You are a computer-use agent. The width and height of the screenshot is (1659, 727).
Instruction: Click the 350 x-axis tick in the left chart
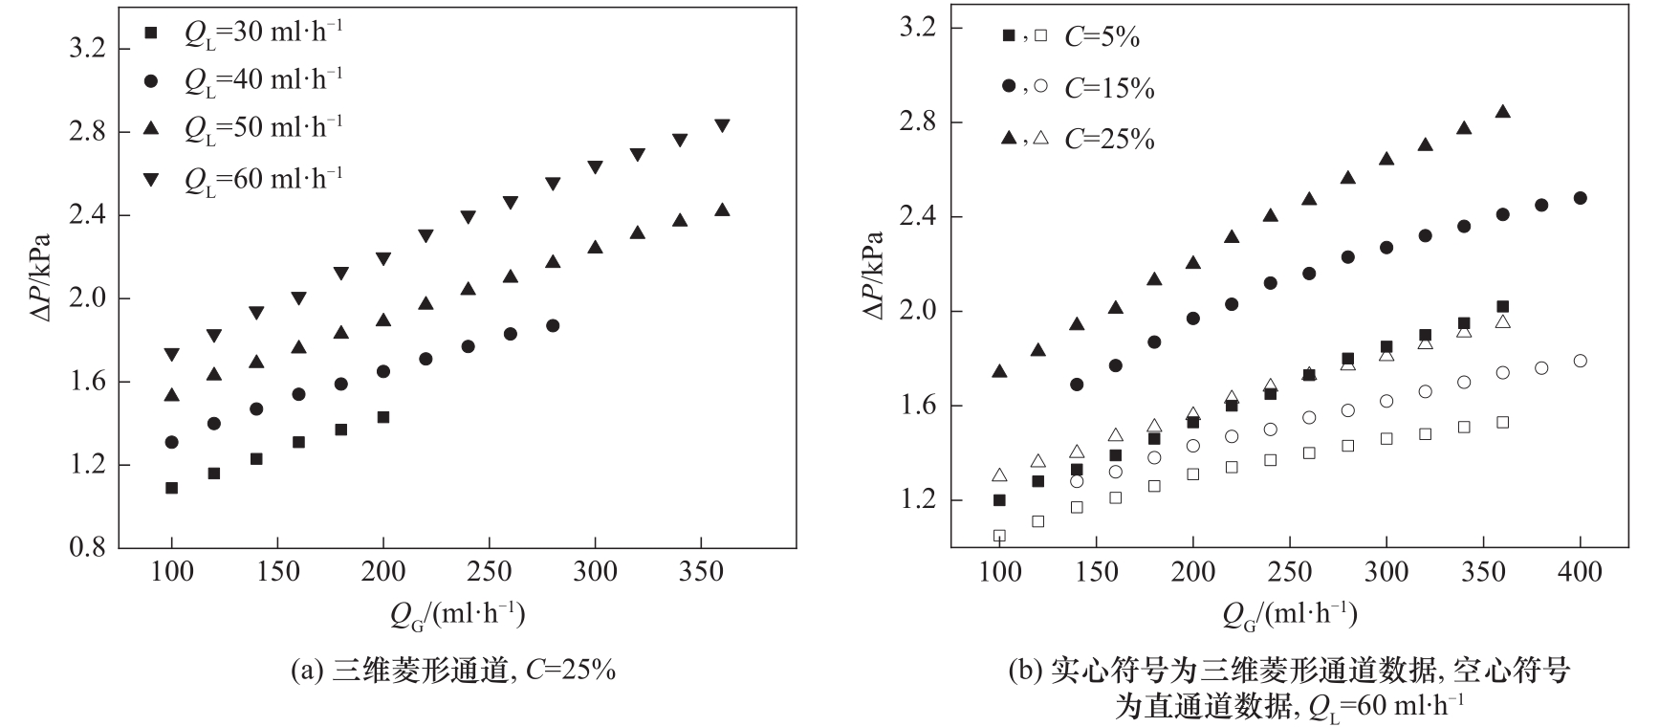701,572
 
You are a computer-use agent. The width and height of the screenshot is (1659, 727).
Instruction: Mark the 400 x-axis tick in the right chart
1580,572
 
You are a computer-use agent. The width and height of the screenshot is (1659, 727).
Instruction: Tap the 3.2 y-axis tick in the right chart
918,28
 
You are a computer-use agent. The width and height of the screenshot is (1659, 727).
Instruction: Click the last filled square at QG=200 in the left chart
383,417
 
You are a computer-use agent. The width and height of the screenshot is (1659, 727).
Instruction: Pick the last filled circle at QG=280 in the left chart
553,325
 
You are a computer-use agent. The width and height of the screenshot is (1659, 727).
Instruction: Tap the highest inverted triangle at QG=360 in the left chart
722,125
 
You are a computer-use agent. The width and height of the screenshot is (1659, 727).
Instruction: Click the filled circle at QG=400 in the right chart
1580,198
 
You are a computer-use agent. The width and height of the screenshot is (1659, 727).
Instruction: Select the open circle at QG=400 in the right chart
1580,361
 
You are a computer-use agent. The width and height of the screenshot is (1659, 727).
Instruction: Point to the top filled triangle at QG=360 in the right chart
1502,112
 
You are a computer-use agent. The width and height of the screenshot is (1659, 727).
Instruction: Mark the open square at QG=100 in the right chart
999,536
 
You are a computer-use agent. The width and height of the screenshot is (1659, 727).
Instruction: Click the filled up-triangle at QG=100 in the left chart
172,395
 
